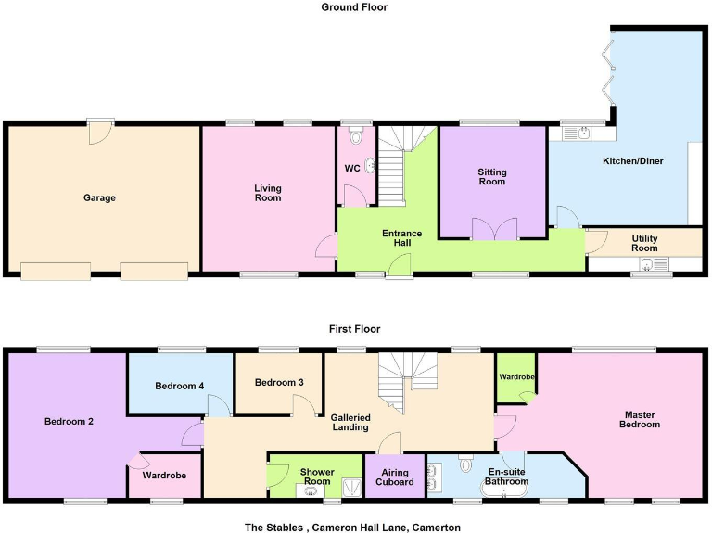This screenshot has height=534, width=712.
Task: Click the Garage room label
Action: click(x=99, y=197)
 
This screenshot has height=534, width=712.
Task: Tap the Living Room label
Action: click(x=268, y=193)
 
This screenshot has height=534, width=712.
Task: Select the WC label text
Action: click(x=352, y=168)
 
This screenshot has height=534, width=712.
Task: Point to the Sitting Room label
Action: click(x=492, y=176)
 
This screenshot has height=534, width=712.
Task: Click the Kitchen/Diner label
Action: click(x=633, y=161)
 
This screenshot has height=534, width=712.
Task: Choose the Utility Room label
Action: click(x=644, y=243)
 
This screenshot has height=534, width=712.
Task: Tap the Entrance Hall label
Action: click(x=402, y=237)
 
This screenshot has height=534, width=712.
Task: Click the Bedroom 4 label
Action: click(x=179, y=386)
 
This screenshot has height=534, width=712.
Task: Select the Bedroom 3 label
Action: click(x=279, y=382)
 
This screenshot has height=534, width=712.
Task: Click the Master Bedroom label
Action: click(x=642, y=419)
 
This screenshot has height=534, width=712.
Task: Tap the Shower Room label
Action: click(x=317, y=477)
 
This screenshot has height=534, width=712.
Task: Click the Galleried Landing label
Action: click(x=350, y=422)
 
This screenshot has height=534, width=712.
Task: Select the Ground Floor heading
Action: click(x=354, y=7)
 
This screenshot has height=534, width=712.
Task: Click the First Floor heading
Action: click(x=354, y=329)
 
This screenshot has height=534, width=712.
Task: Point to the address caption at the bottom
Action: click(x=352, y=527)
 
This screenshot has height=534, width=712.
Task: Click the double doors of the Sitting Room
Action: click(x=492, y=229)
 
